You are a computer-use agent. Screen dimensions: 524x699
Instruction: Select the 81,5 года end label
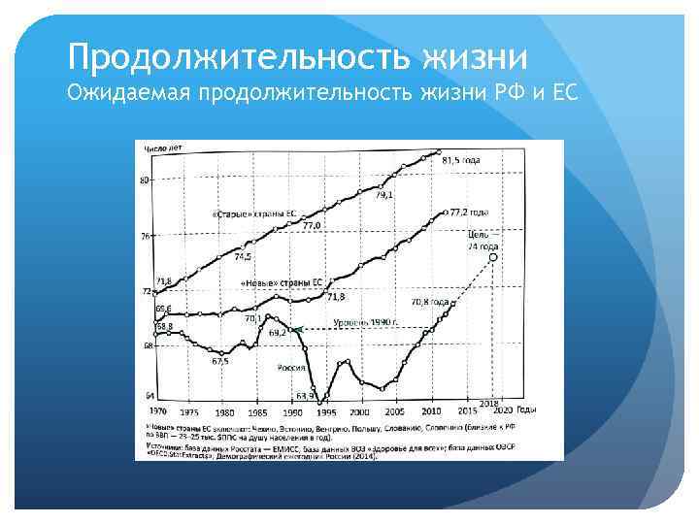(461, 160)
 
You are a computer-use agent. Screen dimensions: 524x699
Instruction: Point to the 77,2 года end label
(470, 211)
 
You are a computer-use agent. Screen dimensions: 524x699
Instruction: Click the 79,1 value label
(384, 195)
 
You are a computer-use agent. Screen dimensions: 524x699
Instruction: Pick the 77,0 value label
(312, 225)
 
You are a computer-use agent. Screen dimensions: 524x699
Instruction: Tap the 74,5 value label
(244, 256)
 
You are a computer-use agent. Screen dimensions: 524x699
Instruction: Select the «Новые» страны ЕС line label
(281, 282)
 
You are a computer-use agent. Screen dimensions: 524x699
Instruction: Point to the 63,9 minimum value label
(306, 396)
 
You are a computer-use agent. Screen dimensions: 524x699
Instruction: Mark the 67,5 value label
(220, 361)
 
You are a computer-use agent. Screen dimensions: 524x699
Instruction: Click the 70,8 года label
(429, 302)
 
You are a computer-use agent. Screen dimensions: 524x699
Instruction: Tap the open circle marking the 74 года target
(495, 258)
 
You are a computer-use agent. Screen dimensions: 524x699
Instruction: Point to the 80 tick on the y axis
(145, 180)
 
